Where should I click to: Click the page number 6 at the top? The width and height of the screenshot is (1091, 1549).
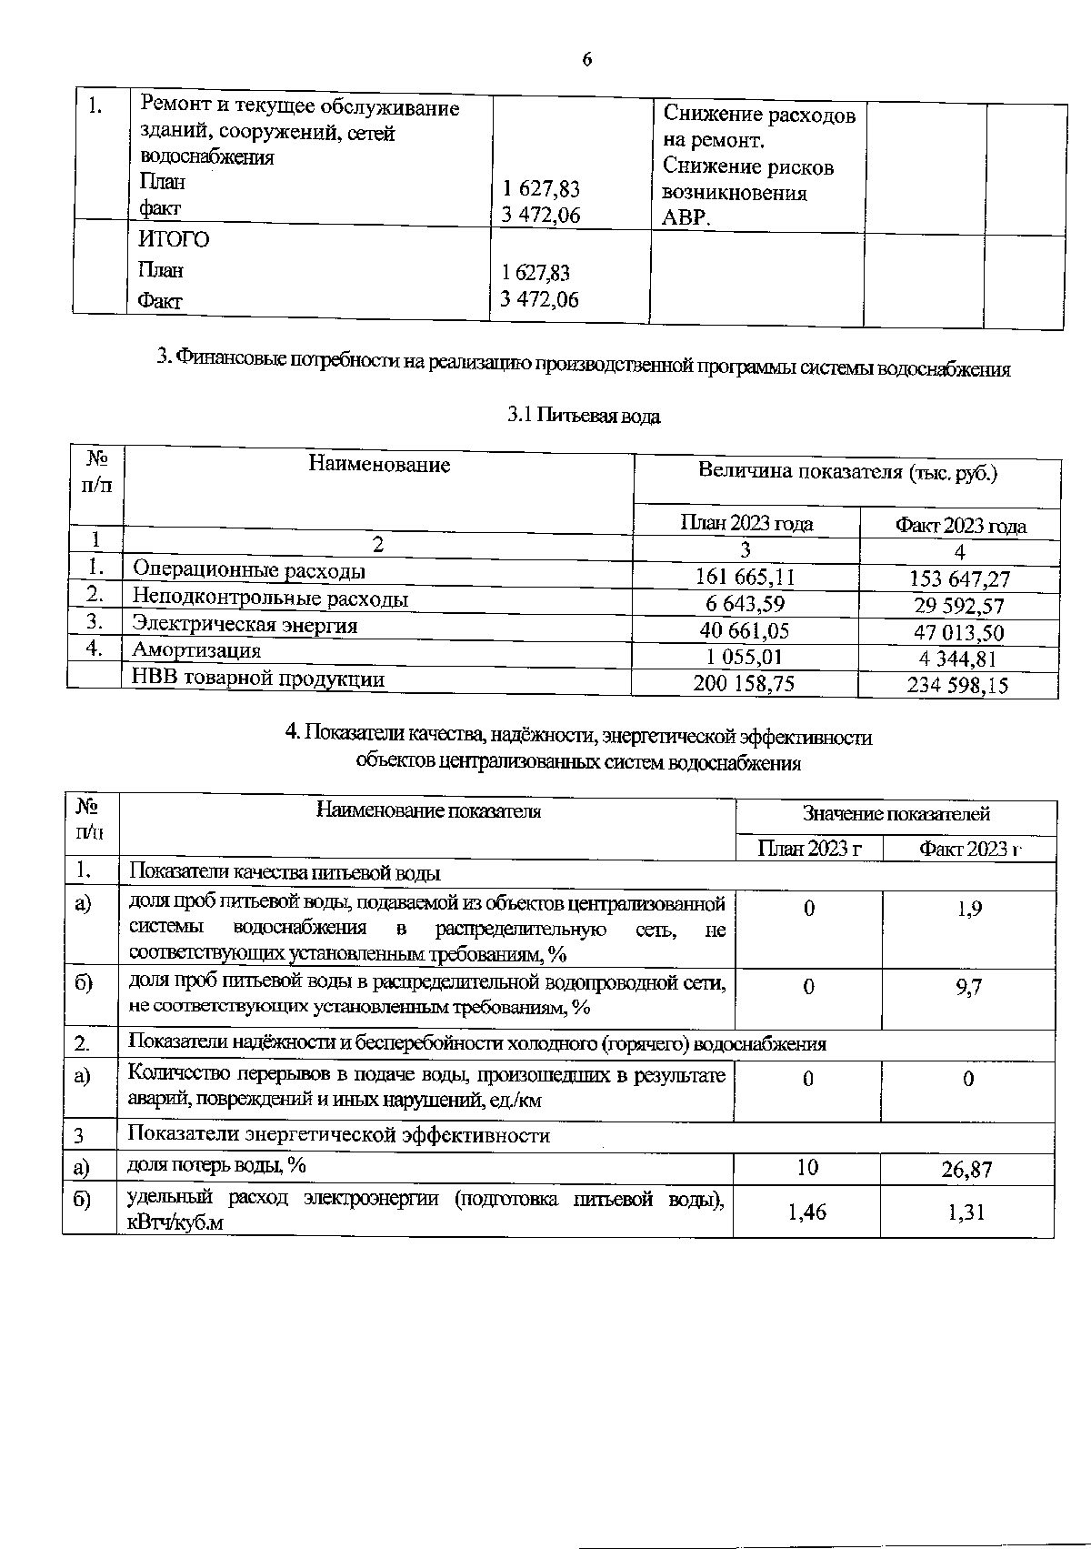tap(586, 60)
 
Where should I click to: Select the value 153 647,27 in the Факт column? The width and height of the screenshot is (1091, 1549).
tap(959, 578)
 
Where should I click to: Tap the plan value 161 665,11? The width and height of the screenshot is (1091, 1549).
tap(745, 577)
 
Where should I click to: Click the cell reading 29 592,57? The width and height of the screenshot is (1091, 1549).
tap(958, 606)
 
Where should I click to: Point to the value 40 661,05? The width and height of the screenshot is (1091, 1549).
tap(745, 630)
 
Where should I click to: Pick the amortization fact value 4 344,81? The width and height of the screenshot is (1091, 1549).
tap(959, 659)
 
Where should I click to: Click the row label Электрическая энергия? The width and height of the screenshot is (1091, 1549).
tap(245, 625)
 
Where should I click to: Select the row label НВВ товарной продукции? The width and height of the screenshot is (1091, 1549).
tap(258, 679)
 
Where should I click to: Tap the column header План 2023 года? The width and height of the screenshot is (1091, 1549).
tap(746, 523)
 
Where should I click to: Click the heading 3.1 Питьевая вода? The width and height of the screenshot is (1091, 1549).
tap(584, 417)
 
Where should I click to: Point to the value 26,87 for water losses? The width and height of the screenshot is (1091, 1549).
tap(966, 1170)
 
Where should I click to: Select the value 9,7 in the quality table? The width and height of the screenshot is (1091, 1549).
tap(968, 988)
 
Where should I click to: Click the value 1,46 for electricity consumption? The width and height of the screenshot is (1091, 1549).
tap(806, 1212)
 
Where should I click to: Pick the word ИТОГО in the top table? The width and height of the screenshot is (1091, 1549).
tap(174, 240)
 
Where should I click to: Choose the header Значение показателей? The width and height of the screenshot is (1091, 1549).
tap(896, 814)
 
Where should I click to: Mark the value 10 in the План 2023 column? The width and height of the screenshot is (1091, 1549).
tap(806, 1168)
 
